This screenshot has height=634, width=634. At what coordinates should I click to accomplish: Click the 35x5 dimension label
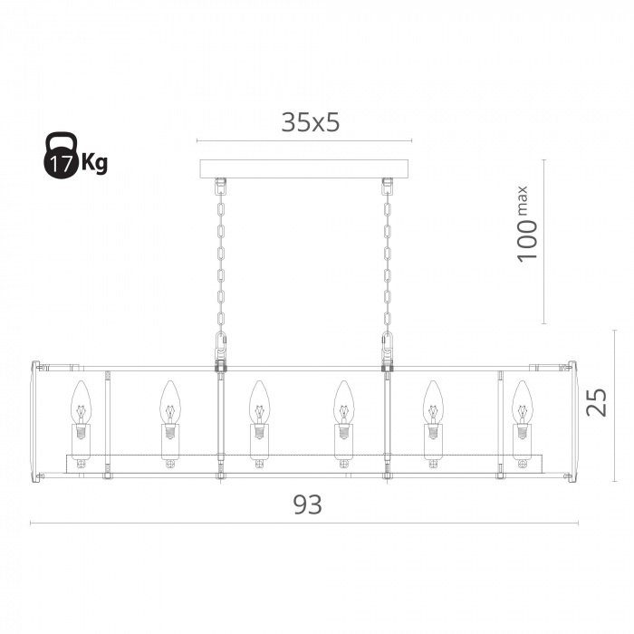(310, 122)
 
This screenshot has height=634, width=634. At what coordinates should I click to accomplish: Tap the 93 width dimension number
(308, 504)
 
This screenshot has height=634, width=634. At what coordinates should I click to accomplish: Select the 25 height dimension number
(597, 402)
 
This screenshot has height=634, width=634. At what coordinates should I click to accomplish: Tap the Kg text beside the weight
(94, 162)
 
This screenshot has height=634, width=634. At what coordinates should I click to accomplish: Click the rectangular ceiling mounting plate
(304, 169)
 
